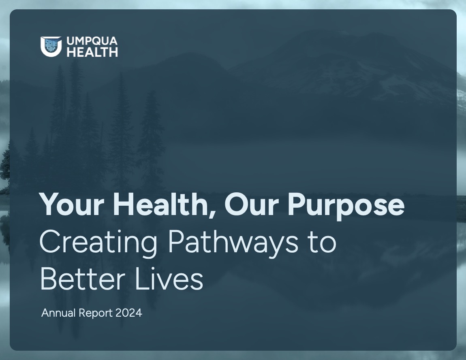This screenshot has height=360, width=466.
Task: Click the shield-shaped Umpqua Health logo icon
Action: point(51,46)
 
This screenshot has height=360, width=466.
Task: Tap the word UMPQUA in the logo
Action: point(92,41)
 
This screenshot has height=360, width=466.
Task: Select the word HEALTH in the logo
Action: point(92,52)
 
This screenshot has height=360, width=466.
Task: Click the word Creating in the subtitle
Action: point(98,243)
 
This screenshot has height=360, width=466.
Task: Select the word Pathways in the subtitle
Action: point(233,243)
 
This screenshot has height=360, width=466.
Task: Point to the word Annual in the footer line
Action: point(58,313)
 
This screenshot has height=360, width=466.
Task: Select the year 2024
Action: point(129,313)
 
